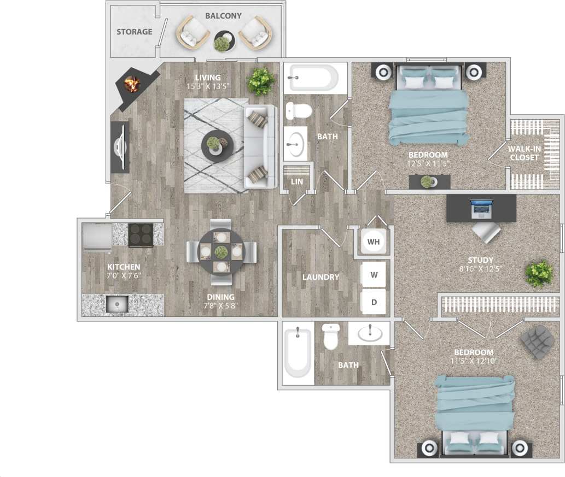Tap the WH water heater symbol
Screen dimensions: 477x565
[374, 241]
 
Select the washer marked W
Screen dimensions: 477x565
[374, 275]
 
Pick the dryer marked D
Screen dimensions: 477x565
[374, 302]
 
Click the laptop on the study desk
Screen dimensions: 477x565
[481, 207]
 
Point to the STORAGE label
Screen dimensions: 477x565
[134, 32]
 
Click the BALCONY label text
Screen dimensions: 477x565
[223, 16]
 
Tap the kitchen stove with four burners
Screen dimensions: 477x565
[141, 235]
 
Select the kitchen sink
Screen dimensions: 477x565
[117, 304]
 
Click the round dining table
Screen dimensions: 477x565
[221, 252]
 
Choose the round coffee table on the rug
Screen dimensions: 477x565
[217, 145]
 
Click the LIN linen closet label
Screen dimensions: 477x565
[296, 181]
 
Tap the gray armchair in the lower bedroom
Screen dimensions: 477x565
[536, 341]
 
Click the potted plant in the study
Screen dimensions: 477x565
[538, 273]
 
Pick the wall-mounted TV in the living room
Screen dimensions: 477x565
[120, 147]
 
